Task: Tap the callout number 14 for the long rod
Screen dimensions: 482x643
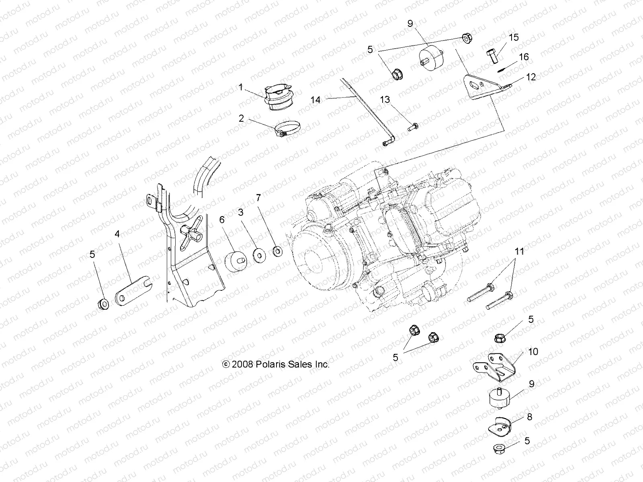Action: (x=316, y=99)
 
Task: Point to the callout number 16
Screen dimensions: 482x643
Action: (x=524, y=57)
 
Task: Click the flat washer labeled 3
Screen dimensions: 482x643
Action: (x=258, y=255)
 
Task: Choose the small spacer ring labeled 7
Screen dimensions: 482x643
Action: (x=277, y=252)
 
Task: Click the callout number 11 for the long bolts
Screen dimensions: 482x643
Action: (x=520, y=252)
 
